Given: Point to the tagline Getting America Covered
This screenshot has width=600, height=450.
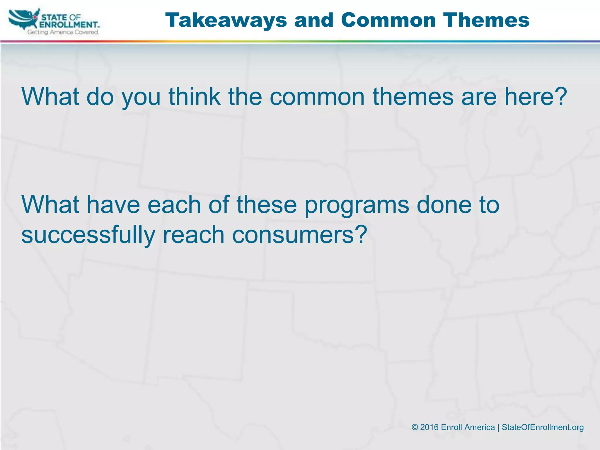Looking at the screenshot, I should point(63,32).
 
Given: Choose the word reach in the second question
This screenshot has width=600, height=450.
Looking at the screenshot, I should point(193,235).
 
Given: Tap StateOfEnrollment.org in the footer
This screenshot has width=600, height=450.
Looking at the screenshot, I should point(543,427).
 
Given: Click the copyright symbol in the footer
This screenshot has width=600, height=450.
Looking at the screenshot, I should point(415,427).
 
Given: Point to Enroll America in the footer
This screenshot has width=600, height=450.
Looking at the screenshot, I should point(468,427).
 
